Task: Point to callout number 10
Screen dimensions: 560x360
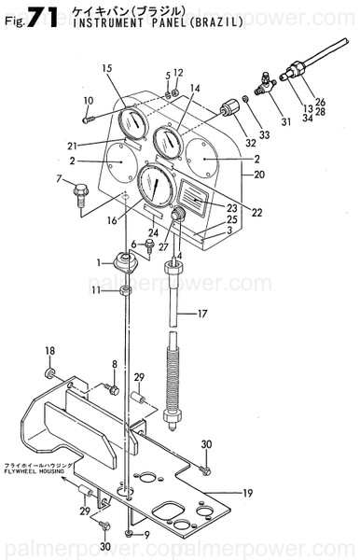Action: pos(88,100)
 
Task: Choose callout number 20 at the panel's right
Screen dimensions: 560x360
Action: pos(260,175)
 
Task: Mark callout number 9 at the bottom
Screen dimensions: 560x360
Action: pos(145,535)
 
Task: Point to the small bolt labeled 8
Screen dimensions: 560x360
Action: pos(111,388)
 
